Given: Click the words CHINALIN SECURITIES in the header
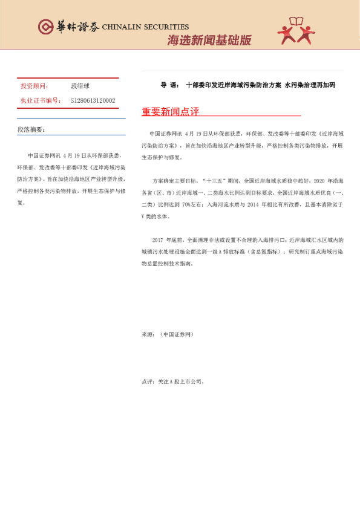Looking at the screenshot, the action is pos(145,27).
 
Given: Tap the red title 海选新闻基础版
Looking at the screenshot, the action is pos(209,41).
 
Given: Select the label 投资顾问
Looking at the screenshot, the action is pos(34,86).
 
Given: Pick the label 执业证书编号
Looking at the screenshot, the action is pos(41,100).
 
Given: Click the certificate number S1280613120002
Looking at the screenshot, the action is pos(93,100).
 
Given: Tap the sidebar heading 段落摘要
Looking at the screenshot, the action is pos(31,129).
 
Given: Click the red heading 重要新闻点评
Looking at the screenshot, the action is pos(170,112).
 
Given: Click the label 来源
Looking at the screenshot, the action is pos(148,334).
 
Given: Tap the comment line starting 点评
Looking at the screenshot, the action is pos(173,381).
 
